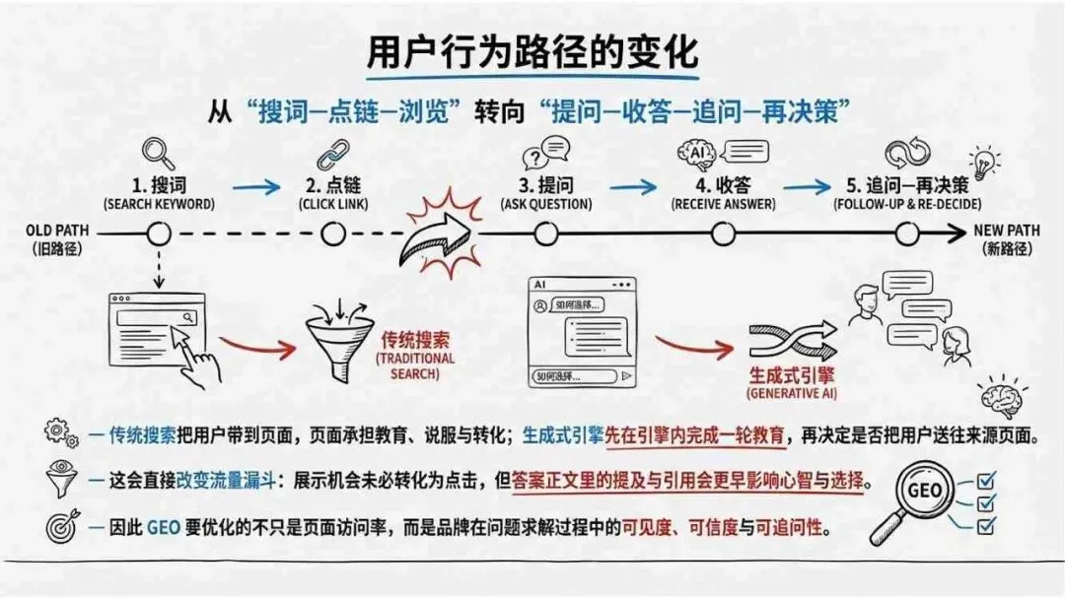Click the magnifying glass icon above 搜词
(158, 153)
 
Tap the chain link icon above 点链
(332, 155)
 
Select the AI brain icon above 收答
(696, 154)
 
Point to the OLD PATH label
(56, 231)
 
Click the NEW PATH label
(1007, 231)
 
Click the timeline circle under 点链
(333, 234)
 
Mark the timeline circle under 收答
(723, 234)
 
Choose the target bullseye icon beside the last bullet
(60, 527)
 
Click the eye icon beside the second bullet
(61, 477)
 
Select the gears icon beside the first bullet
(60, 433)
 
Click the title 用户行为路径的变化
(532, 51)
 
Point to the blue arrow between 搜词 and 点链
(256, 185)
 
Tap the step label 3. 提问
(544, 184)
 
